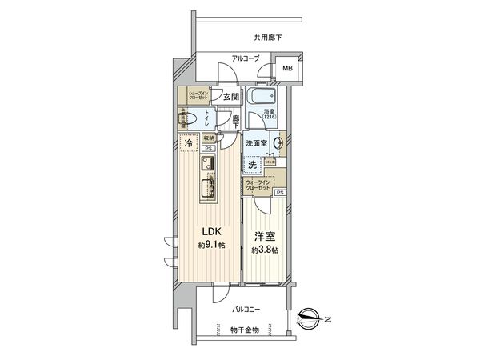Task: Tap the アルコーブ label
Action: point(240,58)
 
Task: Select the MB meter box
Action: point(286,68)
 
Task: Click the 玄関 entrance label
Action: point(230,96)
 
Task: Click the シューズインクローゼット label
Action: point(198,94)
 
